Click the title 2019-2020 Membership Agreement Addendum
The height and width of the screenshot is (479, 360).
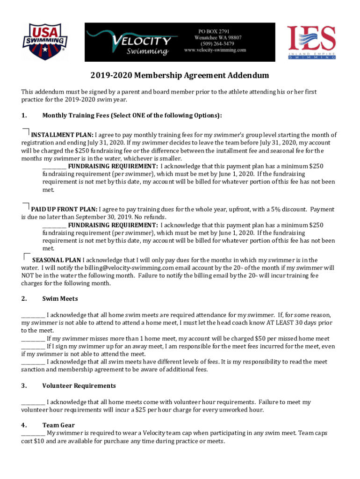pyautogui.click(x=180, y=75)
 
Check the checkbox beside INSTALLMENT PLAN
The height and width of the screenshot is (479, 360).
pyautogui.click(x=26, y=131)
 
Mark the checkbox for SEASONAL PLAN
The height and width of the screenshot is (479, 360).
pyautogui.click(x=27, y=256)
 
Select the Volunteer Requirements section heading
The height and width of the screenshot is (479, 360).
pyautogui.click(x=79, y=385)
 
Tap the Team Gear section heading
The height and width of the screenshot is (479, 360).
pyautogui.click(x=58, y=425)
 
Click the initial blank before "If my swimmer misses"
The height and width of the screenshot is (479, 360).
pyautogui.click(x=33, y=339)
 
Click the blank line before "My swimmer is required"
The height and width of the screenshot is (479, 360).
pyautogui.click(x=33, y=434)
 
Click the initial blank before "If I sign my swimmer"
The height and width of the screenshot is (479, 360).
pyautogui.click(x=33, y=347)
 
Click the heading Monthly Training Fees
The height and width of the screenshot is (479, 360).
pyautogui.click(x=131, y=116)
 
